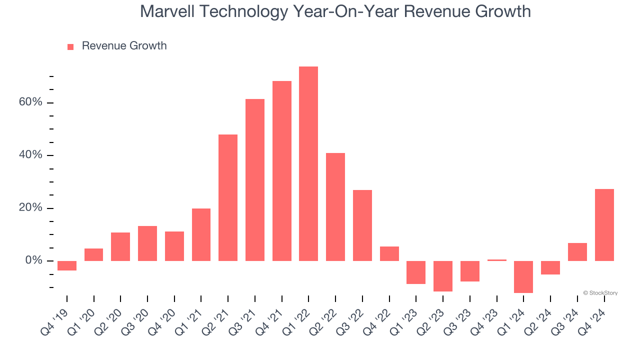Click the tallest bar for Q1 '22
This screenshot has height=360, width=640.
[x=308, y=163]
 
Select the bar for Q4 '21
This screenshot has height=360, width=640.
[x=281, y=171]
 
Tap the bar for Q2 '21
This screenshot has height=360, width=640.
[x=228, y=197]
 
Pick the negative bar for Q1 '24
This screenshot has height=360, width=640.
[x=523, y=276]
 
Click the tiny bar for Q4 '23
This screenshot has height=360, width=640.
[x=496, y=260]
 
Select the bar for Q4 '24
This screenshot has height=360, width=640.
[x=604, y=225]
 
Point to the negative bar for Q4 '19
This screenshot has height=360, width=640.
[x=67, y=265]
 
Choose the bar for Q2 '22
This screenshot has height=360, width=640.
[x=335, y=206]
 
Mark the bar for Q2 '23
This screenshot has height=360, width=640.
[x=443, y=276]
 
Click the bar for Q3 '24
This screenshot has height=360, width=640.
[x=577, y=252]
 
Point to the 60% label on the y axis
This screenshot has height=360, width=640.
[x=30, y=102]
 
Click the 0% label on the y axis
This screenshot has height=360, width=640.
[x=33, y=260]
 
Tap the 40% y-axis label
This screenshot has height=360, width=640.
[x=30, y=155]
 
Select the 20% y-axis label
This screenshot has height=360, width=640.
[x=30, y=208]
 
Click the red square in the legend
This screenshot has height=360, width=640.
[x=70, y=46]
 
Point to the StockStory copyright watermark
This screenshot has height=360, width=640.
[x=600, y=293]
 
